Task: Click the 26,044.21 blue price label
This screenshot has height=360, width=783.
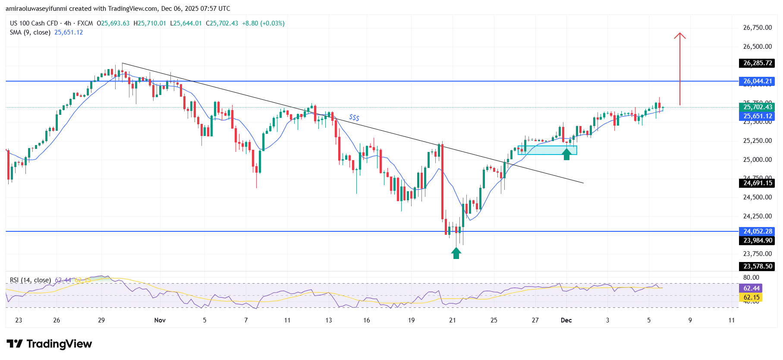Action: point(757,81)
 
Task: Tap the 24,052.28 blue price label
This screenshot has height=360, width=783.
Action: point(757,231)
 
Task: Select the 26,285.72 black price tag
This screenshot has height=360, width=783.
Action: point(757,63)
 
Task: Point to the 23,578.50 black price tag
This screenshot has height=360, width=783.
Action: point(757,266)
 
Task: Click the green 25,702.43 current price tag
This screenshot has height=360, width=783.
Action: point(757,107)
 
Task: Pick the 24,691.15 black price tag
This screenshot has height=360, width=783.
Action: point(757,183)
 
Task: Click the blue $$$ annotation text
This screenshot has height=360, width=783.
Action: point(354,117)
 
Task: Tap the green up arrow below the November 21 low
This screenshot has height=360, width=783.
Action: point(456,253)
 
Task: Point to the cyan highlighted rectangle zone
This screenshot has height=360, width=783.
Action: point(547,150)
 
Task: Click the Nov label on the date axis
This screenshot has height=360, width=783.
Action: point(160,320)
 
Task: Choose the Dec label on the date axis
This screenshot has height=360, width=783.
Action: point(566,320)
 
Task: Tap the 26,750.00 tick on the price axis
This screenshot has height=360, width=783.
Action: point(757,28)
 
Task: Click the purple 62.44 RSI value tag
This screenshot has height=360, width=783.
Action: point(751,288)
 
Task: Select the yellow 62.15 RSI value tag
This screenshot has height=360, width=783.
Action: point(751,297)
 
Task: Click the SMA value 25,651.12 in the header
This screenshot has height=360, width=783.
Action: point(69,32)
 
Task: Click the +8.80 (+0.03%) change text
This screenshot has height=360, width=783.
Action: point(263,23)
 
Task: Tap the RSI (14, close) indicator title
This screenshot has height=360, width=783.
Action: point(30,280)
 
